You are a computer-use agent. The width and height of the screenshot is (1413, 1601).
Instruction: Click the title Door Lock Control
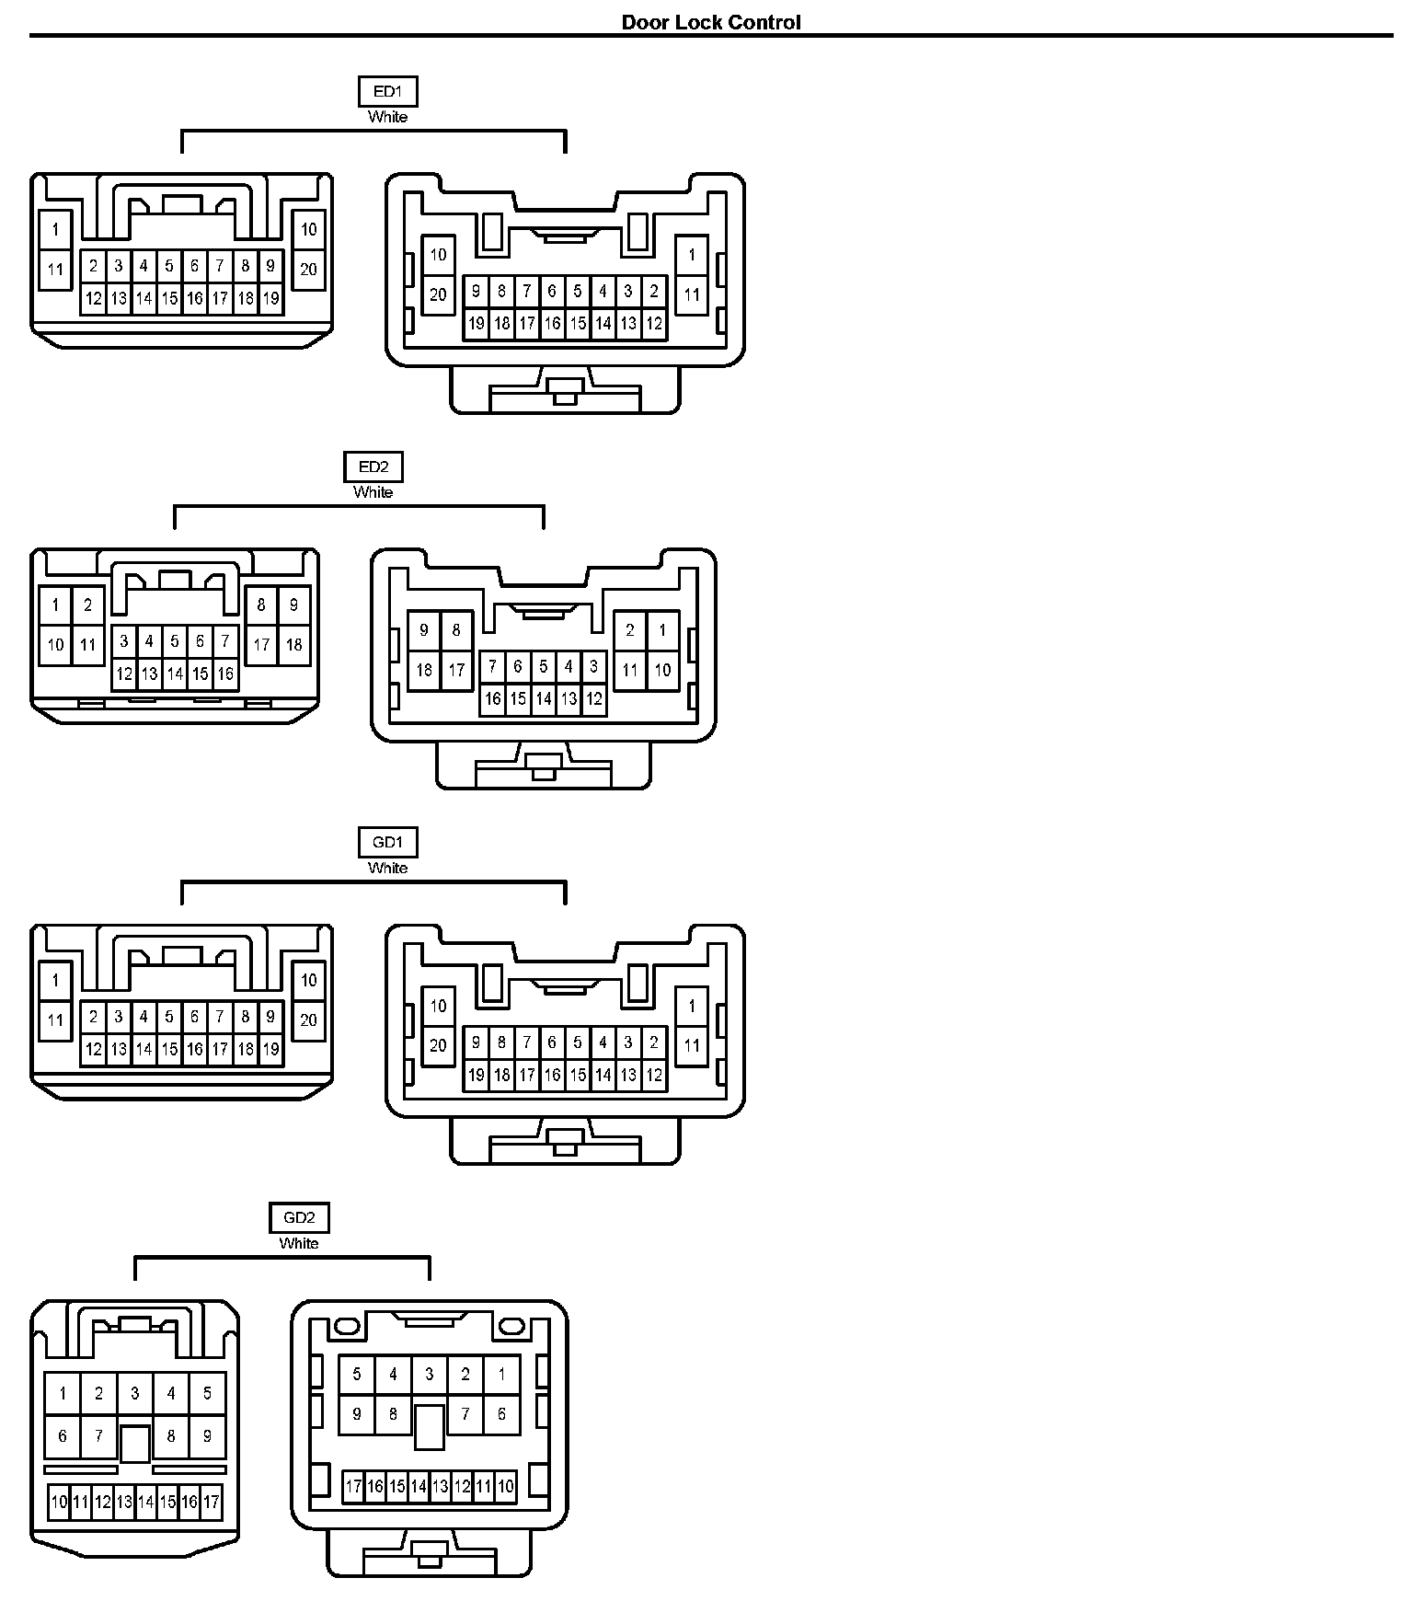coord(710,22)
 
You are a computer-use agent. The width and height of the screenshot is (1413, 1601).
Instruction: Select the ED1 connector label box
coord(387,91)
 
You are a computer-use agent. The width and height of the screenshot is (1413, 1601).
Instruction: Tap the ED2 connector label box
coord(373,466)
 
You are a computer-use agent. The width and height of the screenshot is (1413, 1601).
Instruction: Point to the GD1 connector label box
coord(387,842)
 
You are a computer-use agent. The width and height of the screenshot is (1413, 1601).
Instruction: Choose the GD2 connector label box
coord(299,1217)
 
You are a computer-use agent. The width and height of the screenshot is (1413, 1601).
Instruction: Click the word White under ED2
coord(373,492)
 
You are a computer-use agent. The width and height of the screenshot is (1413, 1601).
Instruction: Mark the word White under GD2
coord(299,1243)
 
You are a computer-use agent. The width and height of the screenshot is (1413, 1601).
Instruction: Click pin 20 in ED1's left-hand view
coord(308,270)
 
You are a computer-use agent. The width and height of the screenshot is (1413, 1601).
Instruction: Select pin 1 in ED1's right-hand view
coord(692,255)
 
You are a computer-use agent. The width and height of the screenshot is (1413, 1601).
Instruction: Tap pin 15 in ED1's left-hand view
coord(169,298)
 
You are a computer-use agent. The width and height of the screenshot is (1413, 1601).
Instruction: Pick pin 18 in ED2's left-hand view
coord(293,644)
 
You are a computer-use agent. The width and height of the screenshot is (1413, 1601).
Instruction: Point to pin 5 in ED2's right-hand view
coord(544,666)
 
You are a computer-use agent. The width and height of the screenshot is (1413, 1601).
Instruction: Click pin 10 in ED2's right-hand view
coord(662,670)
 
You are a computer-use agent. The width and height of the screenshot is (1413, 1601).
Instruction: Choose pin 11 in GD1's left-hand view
coord(56,1020)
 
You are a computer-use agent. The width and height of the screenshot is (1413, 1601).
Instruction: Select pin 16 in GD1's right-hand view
coord(552,1074)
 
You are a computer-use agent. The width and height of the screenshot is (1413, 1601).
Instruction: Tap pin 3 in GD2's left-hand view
coord(135,1393)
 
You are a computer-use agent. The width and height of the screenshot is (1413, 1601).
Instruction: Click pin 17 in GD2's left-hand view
coord(212,1503)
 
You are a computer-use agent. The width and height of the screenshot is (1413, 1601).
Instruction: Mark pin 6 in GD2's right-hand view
coord(501,1414)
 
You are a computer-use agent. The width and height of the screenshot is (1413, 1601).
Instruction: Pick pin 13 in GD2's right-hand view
coord(441,1486)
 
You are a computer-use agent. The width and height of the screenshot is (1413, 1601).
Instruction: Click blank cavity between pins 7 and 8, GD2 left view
coord(135,1443)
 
